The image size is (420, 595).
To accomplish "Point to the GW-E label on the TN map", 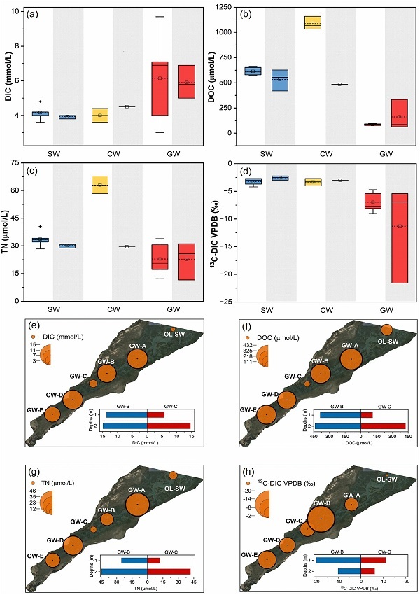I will point(35,555).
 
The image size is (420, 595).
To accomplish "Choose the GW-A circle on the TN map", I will point(138,504).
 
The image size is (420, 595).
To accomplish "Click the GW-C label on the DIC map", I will point(79,376).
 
